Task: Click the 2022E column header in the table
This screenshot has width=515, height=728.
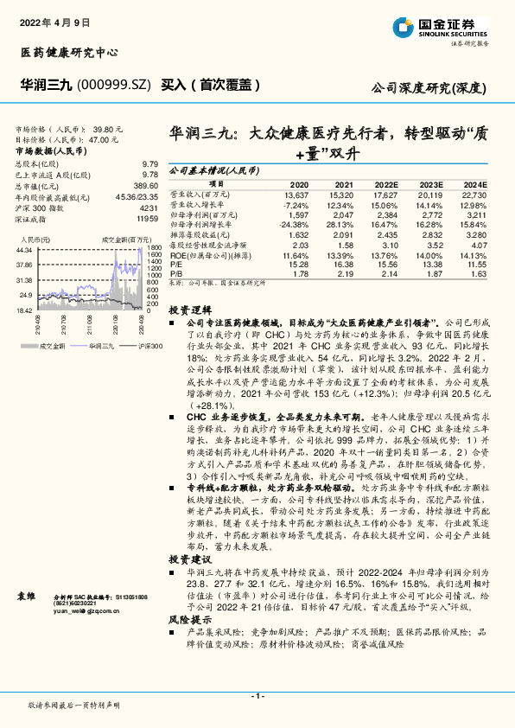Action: tap(386, 185)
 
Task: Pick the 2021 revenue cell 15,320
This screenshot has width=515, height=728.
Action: tap(343, 195)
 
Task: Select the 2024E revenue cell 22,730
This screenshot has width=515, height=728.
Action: tap(474, 195)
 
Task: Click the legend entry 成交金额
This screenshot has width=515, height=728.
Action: tap(50, 346)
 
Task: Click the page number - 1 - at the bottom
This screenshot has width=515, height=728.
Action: tap(257, 696)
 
